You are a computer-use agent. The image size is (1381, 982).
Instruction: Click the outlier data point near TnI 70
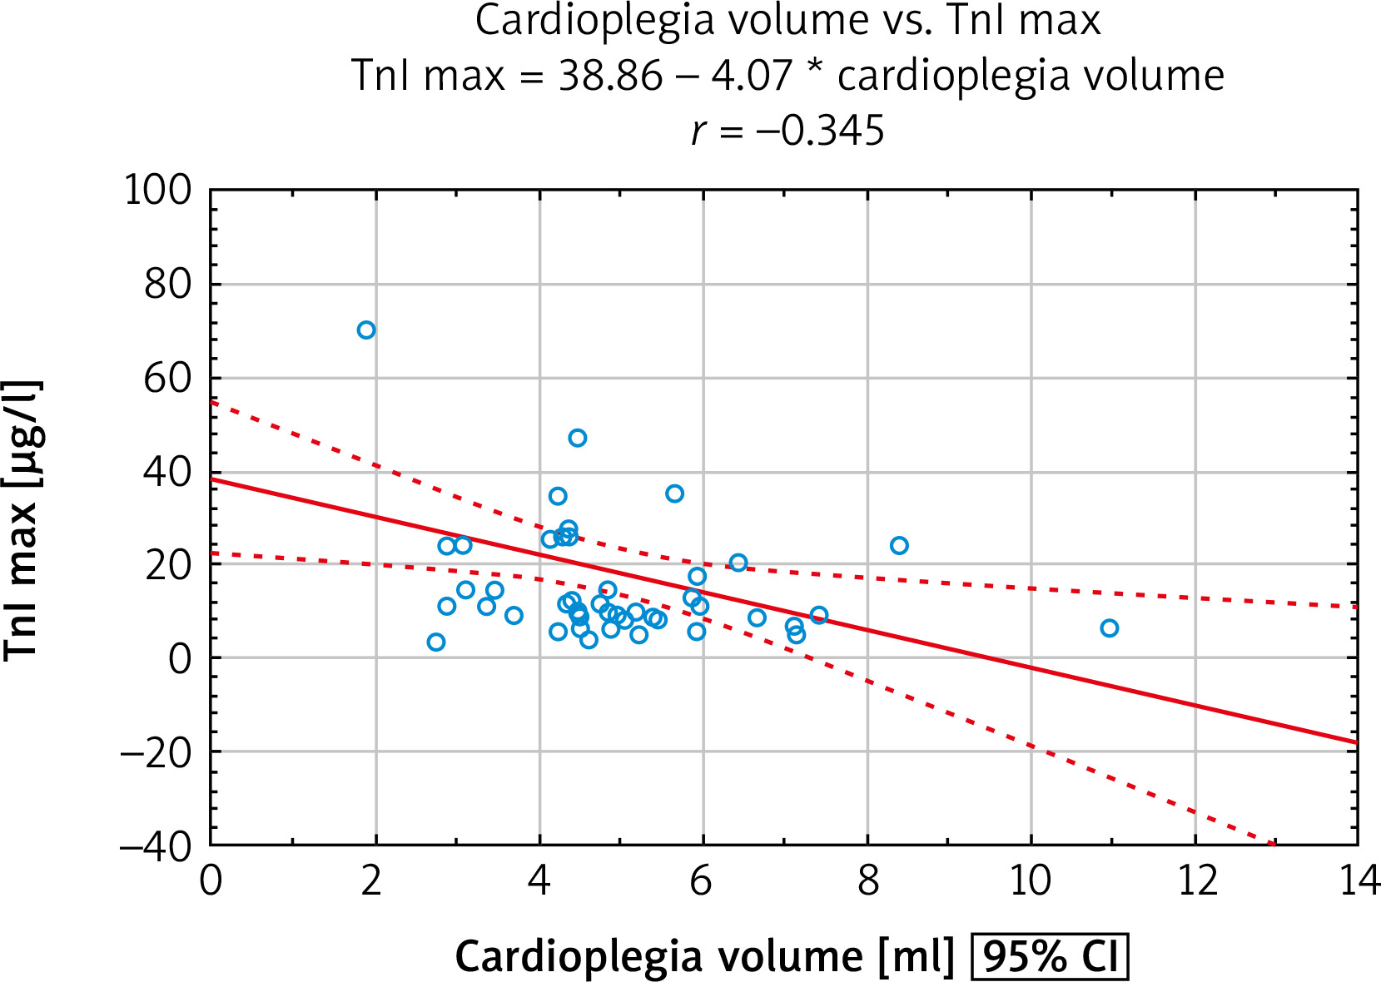pos(366,330)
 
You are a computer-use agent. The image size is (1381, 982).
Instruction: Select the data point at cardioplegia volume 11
pos(1109,628)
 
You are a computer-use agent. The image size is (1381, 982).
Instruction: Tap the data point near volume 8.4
pos(899,546)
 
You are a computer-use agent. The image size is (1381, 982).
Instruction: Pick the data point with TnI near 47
pos(578,438)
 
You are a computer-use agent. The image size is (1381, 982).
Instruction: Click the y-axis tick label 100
pos(157,191)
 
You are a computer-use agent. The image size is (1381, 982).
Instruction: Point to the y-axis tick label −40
pos(156,846)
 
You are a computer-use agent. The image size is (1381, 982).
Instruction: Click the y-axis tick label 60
pos(167,379)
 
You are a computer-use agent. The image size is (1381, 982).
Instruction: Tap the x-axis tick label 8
pos(867,881)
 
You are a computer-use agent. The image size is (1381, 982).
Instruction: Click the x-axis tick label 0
pos(211,881)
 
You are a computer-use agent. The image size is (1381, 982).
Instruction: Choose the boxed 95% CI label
pos(1050,957)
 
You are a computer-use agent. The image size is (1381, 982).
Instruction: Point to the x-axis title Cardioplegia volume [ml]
pos(704,957)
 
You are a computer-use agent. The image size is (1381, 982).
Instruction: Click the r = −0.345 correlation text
pos(787,131)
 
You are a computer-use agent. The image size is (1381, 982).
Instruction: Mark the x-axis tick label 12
pos(1195,881)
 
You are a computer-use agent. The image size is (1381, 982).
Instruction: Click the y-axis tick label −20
pos(156,752)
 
